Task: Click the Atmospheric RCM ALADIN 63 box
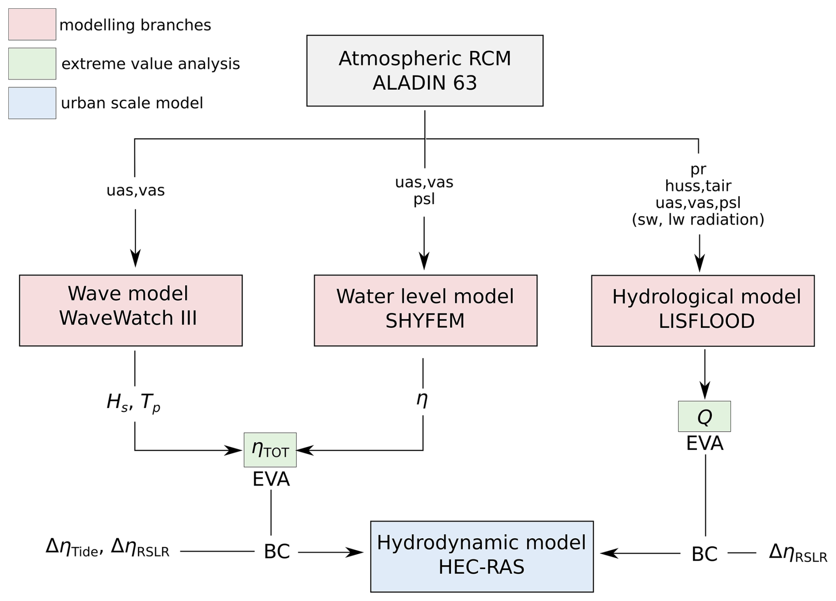click(425, 71)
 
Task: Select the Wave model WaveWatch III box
click(131, 310)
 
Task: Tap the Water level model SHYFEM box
click(426, 310)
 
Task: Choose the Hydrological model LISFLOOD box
click(703, 311)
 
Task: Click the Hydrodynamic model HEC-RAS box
click(482, 556)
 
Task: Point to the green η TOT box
click(270, 450)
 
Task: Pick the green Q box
click(704, 416)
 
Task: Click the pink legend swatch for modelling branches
click(32, 24)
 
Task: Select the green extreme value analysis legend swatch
click(32, 64)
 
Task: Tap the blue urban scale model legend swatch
click(32, 103)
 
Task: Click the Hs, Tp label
click(133, 403)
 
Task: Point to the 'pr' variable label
click(698, 169)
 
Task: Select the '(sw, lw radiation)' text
click(698, 220)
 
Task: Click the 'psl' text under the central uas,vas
click(424, 199)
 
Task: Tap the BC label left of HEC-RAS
click(277, 552)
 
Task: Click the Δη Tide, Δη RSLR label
click(107, 548)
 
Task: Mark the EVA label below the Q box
click(705, 444)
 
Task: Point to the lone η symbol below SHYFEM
click(422, 399)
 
